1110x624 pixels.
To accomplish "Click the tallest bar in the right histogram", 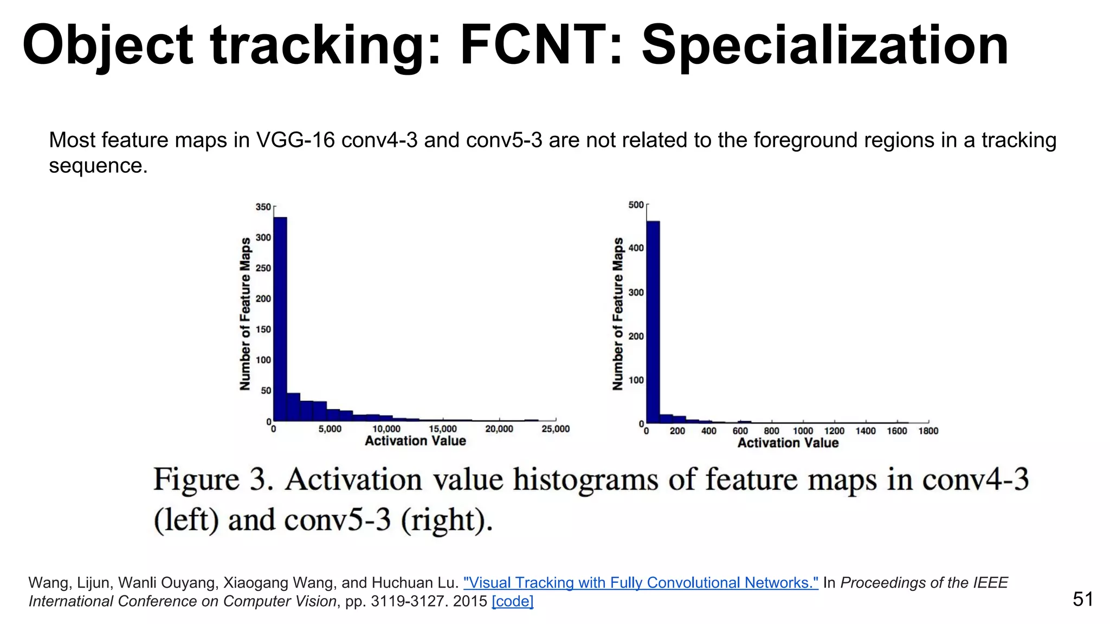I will [653, 322].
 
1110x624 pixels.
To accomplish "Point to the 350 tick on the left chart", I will [263, 207].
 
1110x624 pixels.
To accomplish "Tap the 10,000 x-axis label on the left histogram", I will [386, 429].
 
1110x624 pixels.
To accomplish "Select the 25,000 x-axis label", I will [556, 429].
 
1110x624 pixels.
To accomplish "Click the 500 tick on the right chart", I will [636, 205].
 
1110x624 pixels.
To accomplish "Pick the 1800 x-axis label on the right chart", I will [928, 431].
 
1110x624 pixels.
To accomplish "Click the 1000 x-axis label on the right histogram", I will [803, 431].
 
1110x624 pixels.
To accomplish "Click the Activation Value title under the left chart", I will [415, 441].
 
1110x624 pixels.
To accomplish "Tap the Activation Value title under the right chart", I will [788, 443].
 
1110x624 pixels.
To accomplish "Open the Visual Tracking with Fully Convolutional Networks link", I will [641, 583].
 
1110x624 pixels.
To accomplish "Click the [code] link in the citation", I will [512, 601].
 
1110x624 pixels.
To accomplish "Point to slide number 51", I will [1082, 599].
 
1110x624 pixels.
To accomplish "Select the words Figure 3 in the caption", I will [212, 480].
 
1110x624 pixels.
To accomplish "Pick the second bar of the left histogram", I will [293, 407].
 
